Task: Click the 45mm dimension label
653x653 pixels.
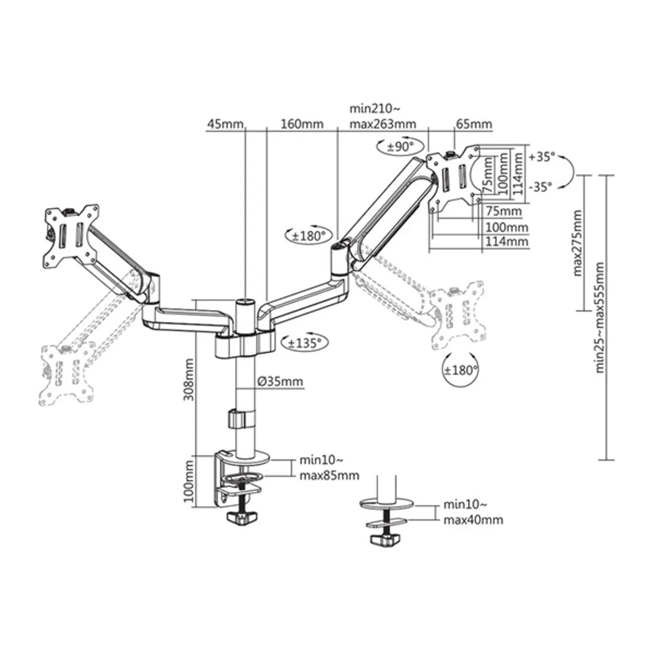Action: (x=224, y=124)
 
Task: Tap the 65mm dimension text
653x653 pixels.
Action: (x=473, y=124)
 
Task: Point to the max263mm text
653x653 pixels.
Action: (x=383, y=124)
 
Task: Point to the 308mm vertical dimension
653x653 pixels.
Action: (x=188, y=379)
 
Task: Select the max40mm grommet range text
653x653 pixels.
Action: (x=473, y=520)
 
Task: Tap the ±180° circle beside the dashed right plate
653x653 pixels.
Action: (x=460, y=371)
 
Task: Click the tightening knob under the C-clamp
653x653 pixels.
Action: (x=242, y=518)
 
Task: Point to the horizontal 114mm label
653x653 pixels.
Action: (x=507, y=241)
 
